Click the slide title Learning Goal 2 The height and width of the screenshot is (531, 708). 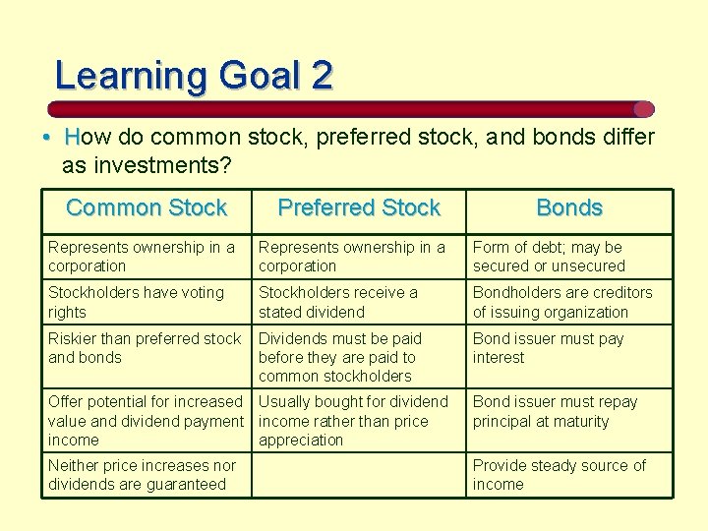194,76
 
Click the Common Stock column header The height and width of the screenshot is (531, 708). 147,207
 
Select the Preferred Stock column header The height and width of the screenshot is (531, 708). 359,207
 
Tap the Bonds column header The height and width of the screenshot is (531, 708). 568,207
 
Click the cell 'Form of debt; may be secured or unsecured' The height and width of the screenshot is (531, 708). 568,257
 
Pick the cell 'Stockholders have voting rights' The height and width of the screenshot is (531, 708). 146,302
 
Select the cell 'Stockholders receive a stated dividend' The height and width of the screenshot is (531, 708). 359,302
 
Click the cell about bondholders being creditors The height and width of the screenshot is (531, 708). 568,302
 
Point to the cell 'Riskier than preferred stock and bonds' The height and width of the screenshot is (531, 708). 146,348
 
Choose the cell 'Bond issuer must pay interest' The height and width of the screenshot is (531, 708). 568,348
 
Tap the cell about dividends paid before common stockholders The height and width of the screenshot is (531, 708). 359,357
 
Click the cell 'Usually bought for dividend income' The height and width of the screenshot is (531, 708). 359,421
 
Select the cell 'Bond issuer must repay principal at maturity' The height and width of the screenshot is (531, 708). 568,412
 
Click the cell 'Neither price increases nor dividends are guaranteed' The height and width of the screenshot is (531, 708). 146,475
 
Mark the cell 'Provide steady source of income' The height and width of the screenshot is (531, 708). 568,475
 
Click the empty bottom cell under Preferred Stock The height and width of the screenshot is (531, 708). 359,475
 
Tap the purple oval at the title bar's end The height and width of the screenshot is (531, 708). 643,109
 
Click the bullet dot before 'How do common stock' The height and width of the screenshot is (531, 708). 47,137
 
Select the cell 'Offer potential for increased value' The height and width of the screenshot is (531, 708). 146,421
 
